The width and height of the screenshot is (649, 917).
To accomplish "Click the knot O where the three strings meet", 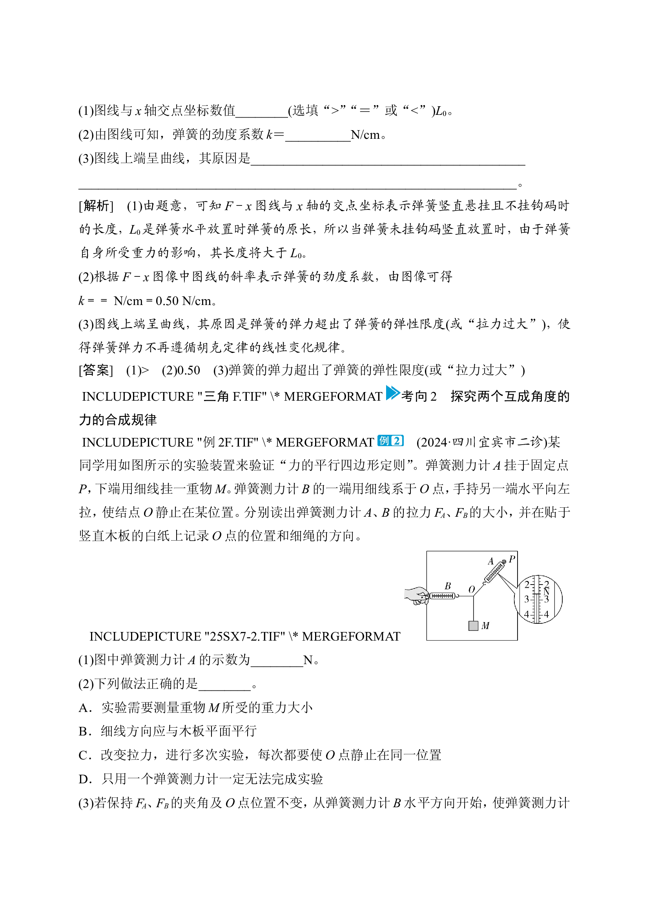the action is click(474, 596).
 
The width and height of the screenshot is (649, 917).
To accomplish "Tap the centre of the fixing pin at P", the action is click(504, 561).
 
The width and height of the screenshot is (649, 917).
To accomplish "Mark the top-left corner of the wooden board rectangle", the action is click(427, 552).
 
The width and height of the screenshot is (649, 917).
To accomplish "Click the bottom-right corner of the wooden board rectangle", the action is click(518, 640).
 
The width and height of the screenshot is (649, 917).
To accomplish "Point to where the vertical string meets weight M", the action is click(474, 621).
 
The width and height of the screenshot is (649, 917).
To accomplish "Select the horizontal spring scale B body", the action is click(443, 596).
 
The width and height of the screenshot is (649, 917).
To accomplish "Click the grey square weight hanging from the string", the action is click(474, 626).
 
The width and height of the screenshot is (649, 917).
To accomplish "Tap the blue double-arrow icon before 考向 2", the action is click(393, 393).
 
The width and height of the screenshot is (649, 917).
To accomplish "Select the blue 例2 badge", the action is click(390, 441).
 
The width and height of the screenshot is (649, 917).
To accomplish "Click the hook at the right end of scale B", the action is click(458, 596).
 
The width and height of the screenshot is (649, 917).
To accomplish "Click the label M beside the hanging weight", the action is click(485, 626).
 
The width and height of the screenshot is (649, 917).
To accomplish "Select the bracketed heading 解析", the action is click(96, 206).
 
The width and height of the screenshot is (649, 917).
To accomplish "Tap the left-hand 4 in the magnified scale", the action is click(527, 614).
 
